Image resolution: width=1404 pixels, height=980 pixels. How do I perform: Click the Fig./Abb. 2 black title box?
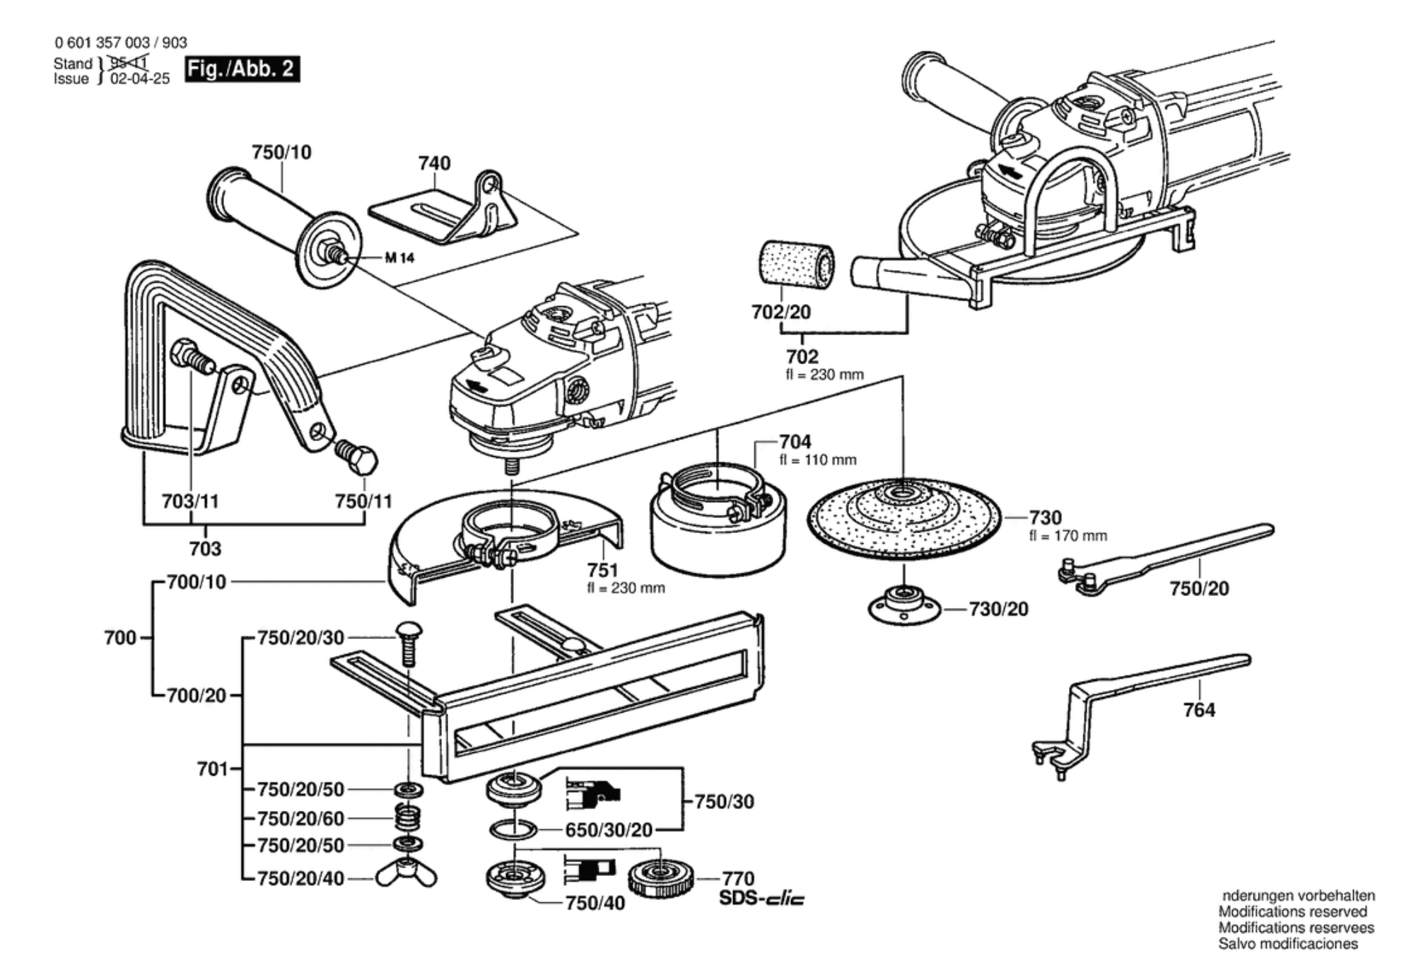242,69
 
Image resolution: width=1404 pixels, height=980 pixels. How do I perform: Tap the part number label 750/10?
281,152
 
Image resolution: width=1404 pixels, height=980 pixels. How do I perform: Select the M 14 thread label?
399,258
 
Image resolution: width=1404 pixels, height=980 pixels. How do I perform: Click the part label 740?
434,163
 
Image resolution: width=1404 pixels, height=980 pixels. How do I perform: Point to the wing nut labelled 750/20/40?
406,874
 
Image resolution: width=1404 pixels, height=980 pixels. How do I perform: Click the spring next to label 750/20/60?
408,817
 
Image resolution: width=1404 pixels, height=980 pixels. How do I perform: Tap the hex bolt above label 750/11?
357,457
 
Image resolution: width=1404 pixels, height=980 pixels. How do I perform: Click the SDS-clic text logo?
761,899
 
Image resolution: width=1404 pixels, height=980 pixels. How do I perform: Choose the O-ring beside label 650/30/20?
513,829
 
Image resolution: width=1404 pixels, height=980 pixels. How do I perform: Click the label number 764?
1199,709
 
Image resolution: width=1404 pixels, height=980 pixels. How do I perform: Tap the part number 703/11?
190,501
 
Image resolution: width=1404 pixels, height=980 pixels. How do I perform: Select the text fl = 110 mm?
818,460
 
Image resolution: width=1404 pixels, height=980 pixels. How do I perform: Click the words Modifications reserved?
1292,912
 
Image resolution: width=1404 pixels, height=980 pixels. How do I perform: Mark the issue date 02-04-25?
140,79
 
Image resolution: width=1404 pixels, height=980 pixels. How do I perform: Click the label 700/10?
197,582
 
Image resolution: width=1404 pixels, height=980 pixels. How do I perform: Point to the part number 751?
602,570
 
